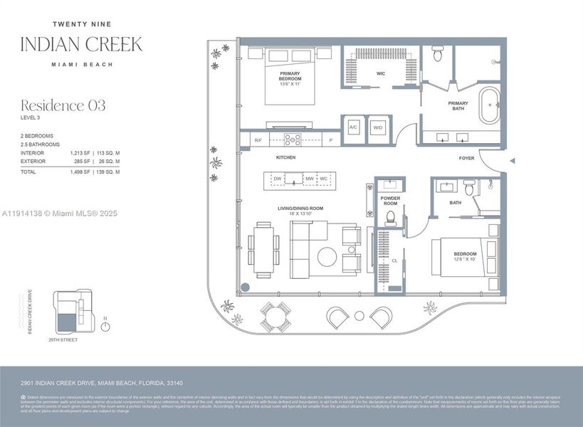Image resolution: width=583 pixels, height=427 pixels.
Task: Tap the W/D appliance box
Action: pos(377,127)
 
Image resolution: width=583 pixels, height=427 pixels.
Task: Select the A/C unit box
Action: pos(353,127)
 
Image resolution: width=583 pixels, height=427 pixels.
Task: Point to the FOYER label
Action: pos(466,158)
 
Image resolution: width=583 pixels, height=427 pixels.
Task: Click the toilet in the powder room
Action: pos(389,218)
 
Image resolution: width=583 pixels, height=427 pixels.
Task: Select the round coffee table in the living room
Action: pos(327,256)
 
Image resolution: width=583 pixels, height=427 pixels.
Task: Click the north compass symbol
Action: pos(105,327)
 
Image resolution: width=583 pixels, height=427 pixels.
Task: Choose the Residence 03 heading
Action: pos(63,105)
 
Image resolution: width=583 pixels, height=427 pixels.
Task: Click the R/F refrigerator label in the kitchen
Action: pos(258,141)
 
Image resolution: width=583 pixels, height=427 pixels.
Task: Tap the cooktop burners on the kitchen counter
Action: pos(293,139)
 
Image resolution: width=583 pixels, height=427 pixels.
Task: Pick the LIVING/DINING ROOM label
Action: pos(300,208)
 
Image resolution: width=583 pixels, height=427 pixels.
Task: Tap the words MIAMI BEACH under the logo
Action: pos(81,64)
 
